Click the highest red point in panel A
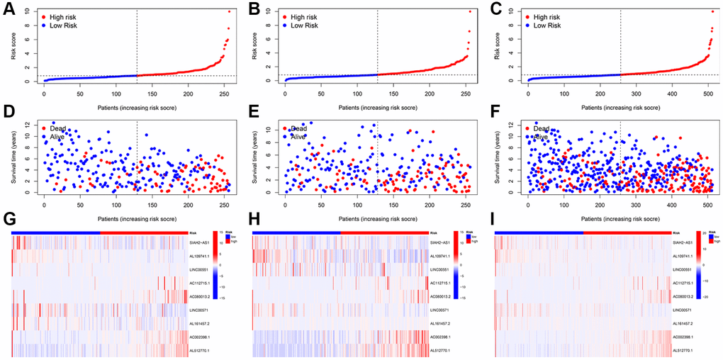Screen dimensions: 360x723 tap(229, 11)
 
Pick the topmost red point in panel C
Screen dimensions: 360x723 tap(712, 11)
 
